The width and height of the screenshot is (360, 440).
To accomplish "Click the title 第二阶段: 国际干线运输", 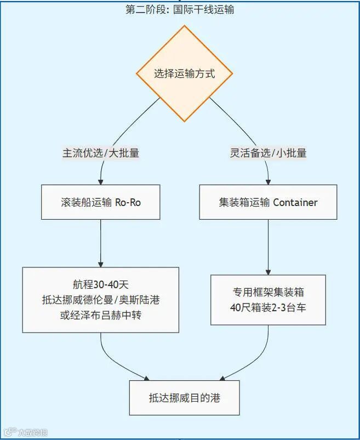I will [180, 9].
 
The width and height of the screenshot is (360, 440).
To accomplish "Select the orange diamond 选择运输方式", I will [184, 73].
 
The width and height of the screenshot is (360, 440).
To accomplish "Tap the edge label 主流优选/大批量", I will [101, 153].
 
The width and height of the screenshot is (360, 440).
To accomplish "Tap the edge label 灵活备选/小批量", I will [268, 153].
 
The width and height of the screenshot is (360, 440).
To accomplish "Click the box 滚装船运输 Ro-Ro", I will [101, 202].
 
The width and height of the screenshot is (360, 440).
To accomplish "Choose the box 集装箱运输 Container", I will [268, 202].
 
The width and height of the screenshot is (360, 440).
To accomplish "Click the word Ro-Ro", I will [128, 202].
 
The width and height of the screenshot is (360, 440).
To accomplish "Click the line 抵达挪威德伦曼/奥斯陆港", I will [101, 300].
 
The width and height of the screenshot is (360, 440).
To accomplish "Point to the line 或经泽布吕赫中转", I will [101, 315].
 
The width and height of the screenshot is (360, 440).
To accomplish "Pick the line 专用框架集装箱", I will [268, 292].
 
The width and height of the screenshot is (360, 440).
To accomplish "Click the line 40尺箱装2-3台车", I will [268, 307].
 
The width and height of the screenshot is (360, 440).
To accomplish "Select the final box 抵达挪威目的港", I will [184, 398].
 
